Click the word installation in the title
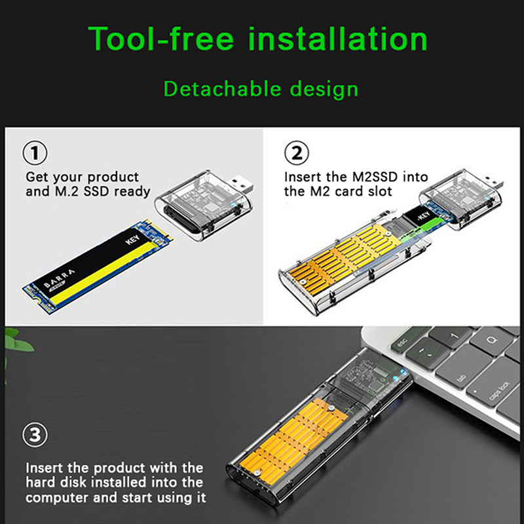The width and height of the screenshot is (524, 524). [x=338, y=39]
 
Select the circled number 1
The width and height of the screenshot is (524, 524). [x=35, y=153]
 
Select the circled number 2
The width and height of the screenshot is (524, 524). [x=297, y=153]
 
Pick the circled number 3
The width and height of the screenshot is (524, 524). [x=35, y=435]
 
